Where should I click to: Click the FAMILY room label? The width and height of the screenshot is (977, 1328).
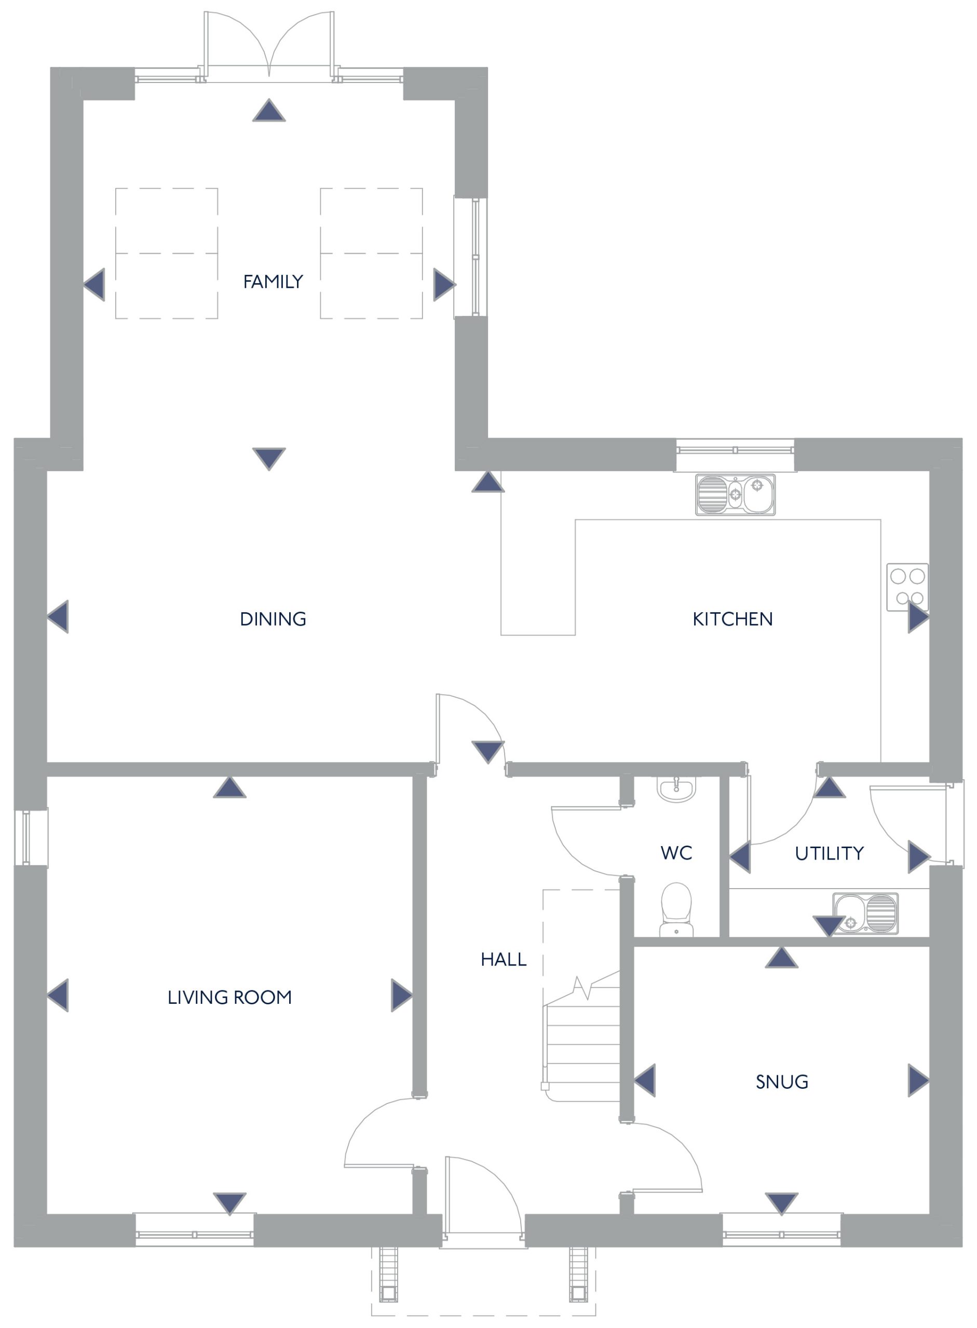273,281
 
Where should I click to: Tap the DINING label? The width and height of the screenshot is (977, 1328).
273,619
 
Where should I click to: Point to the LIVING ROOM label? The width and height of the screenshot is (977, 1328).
229,998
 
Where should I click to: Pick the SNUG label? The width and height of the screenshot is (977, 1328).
782,1082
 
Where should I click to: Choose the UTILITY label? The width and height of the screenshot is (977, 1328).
829,853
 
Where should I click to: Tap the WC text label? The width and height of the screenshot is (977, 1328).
676,853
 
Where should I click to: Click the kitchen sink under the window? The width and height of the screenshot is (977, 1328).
735,495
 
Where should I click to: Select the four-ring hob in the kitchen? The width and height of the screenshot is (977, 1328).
907,587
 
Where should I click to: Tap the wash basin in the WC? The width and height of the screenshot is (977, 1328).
676,789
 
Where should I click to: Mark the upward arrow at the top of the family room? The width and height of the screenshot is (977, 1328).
269,110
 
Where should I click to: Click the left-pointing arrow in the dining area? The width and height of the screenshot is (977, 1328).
58,616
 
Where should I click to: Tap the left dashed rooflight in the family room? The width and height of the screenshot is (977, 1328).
167,254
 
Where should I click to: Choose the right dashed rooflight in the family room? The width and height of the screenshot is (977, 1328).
371,254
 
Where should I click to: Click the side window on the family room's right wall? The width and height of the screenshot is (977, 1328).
471,257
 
